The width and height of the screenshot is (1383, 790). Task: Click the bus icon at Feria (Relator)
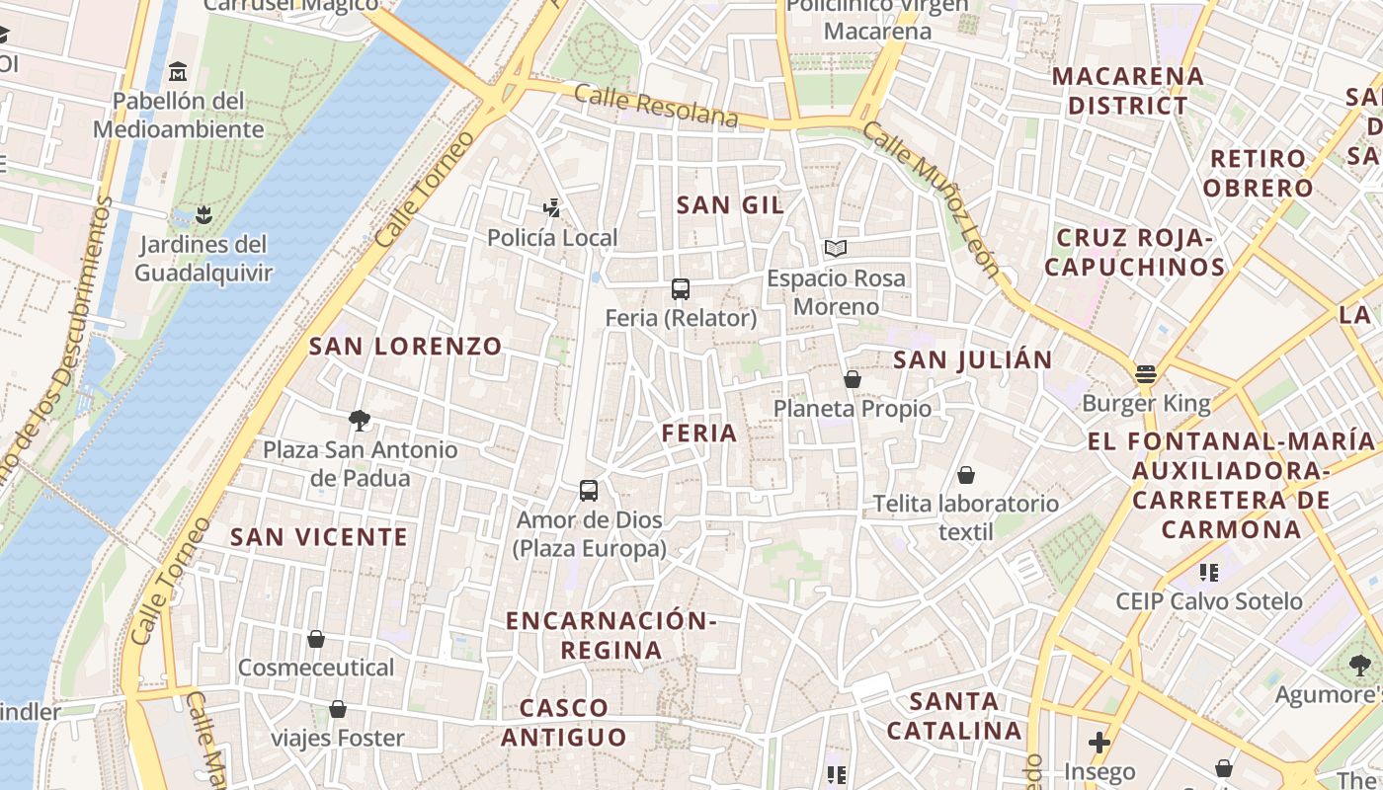pos(681,289)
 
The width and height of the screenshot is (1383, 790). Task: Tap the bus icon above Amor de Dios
pos(589,491)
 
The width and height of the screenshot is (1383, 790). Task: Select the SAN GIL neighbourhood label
pos(730,205)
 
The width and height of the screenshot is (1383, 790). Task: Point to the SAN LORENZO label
pos(406,347)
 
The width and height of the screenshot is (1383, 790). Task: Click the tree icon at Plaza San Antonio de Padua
pos(360,421)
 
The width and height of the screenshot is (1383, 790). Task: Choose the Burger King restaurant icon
pos(1146,373)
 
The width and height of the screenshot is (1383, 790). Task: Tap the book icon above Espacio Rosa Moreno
pos(836,249)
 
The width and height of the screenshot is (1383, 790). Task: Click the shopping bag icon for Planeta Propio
pos(852,379)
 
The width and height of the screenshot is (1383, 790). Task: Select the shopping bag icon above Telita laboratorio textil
pos(966,475)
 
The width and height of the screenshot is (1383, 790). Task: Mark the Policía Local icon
pos(552,208)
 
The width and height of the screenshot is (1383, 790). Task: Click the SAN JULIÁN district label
pos(973,360)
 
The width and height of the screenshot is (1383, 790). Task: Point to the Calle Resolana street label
pos(656,106)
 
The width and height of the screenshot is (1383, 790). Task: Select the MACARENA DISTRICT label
pos(1127,91)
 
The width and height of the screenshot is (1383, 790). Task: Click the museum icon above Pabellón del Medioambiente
pos(178,72)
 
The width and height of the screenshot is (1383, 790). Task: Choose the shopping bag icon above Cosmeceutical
pos(316,639)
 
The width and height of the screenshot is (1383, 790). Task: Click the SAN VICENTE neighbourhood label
pos(319,537)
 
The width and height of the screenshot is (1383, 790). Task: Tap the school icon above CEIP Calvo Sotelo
pos(1208,572)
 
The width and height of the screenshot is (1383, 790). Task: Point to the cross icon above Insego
pos(1099,742)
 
